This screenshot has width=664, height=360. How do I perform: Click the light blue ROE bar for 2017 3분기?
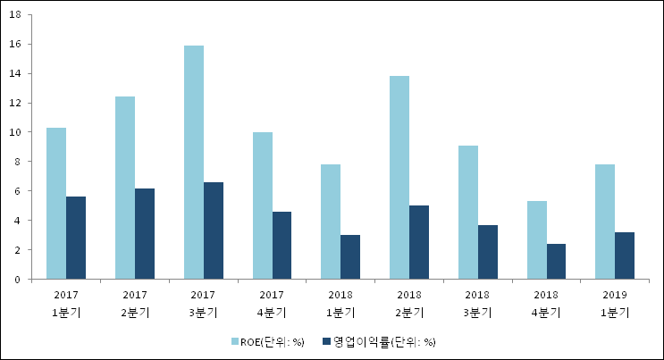pos(193,162)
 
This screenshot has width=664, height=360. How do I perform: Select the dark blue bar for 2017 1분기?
pos(76,238)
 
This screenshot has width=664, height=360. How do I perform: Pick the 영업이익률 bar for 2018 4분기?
pos(556,261)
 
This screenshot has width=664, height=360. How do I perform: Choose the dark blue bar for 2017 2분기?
pos(145,233)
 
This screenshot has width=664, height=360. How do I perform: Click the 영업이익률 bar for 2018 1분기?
pos(350,256)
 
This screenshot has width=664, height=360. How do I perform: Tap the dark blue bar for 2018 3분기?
pos(487,252)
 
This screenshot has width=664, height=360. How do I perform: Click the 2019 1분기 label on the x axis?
pos(615,303)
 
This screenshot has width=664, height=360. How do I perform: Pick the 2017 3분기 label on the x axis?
pos(203,303)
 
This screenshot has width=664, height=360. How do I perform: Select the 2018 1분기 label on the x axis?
pos(340,303)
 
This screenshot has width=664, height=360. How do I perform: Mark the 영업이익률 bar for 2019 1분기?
pos(625,255)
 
